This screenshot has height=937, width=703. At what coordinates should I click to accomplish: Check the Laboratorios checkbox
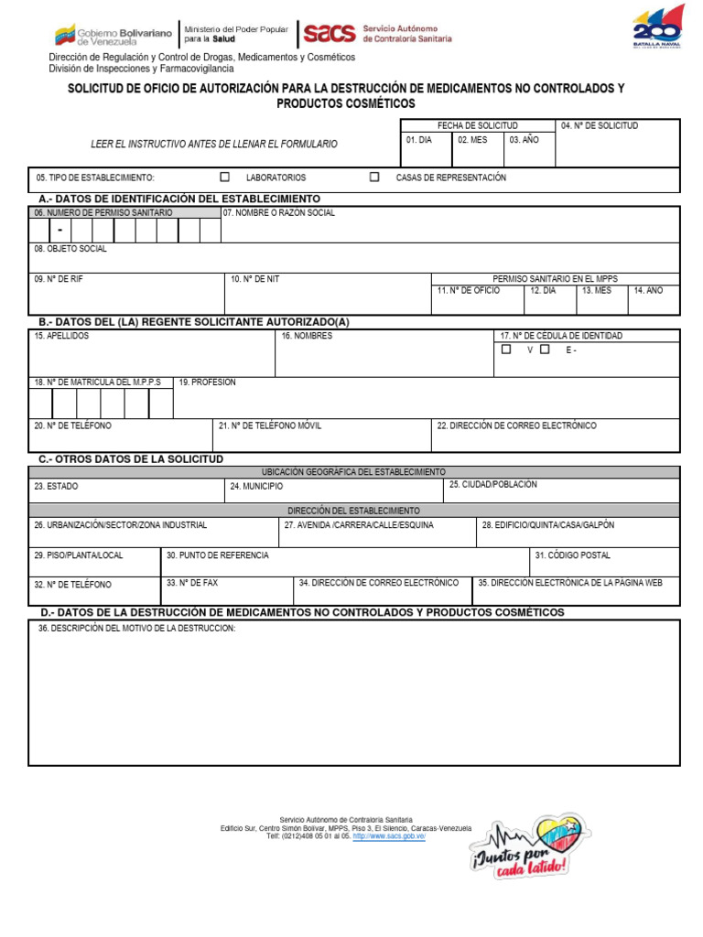(x=224, y=178)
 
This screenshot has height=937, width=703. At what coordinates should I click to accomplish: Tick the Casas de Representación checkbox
(x=374, y=178)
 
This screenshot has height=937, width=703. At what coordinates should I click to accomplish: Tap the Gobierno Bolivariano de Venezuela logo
(x=113, y=35)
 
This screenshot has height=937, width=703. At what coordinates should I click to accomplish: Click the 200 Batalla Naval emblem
(x=658, y=27)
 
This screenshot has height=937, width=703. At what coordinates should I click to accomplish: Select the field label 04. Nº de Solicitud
(x=600, y=125)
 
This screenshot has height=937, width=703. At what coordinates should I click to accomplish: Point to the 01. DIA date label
(x=418, y=140)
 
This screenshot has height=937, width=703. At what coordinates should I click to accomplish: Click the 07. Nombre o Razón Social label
(x=279, y=212)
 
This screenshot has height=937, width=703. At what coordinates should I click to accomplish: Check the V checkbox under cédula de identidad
(x=506, y=349)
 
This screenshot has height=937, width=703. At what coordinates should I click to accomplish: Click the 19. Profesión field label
(x=208, y=382)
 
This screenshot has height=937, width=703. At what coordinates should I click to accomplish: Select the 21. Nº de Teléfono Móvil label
(x=271, y=425)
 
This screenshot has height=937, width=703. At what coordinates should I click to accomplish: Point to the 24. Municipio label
(x=256, y=487)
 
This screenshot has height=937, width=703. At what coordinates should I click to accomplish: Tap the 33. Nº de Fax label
(x=192, y=582)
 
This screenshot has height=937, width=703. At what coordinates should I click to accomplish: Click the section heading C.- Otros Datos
(x=130, y=458)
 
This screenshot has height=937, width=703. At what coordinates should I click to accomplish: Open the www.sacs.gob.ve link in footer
(x=389, y=836)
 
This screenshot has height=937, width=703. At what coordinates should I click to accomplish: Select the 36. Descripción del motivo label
(x=136, y=629)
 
